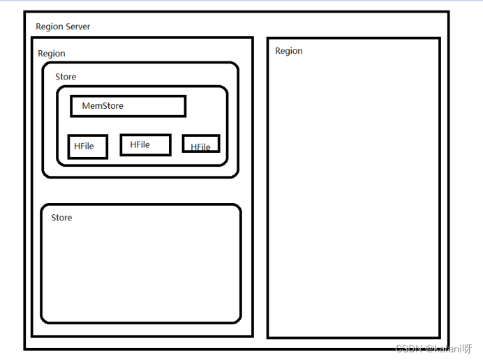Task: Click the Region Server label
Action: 63,27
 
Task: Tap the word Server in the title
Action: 77,27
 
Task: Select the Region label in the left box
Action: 52,54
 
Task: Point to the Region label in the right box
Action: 289,51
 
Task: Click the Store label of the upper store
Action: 66,77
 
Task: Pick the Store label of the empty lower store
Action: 61,218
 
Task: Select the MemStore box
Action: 128,106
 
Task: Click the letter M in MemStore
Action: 86,106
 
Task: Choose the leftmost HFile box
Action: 87,147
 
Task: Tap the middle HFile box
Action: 145,144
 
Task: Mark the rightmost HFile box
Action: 201,144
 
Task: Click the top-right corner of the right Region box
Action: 440,38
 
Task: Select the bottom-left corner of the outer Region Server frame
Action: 25,348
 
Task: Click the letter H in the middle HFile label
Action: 133,144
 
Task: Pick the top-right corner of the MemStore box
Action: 185,97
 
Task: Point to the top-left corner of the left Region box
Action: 33,38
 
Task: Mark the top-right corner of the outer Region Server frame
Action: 447,13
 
